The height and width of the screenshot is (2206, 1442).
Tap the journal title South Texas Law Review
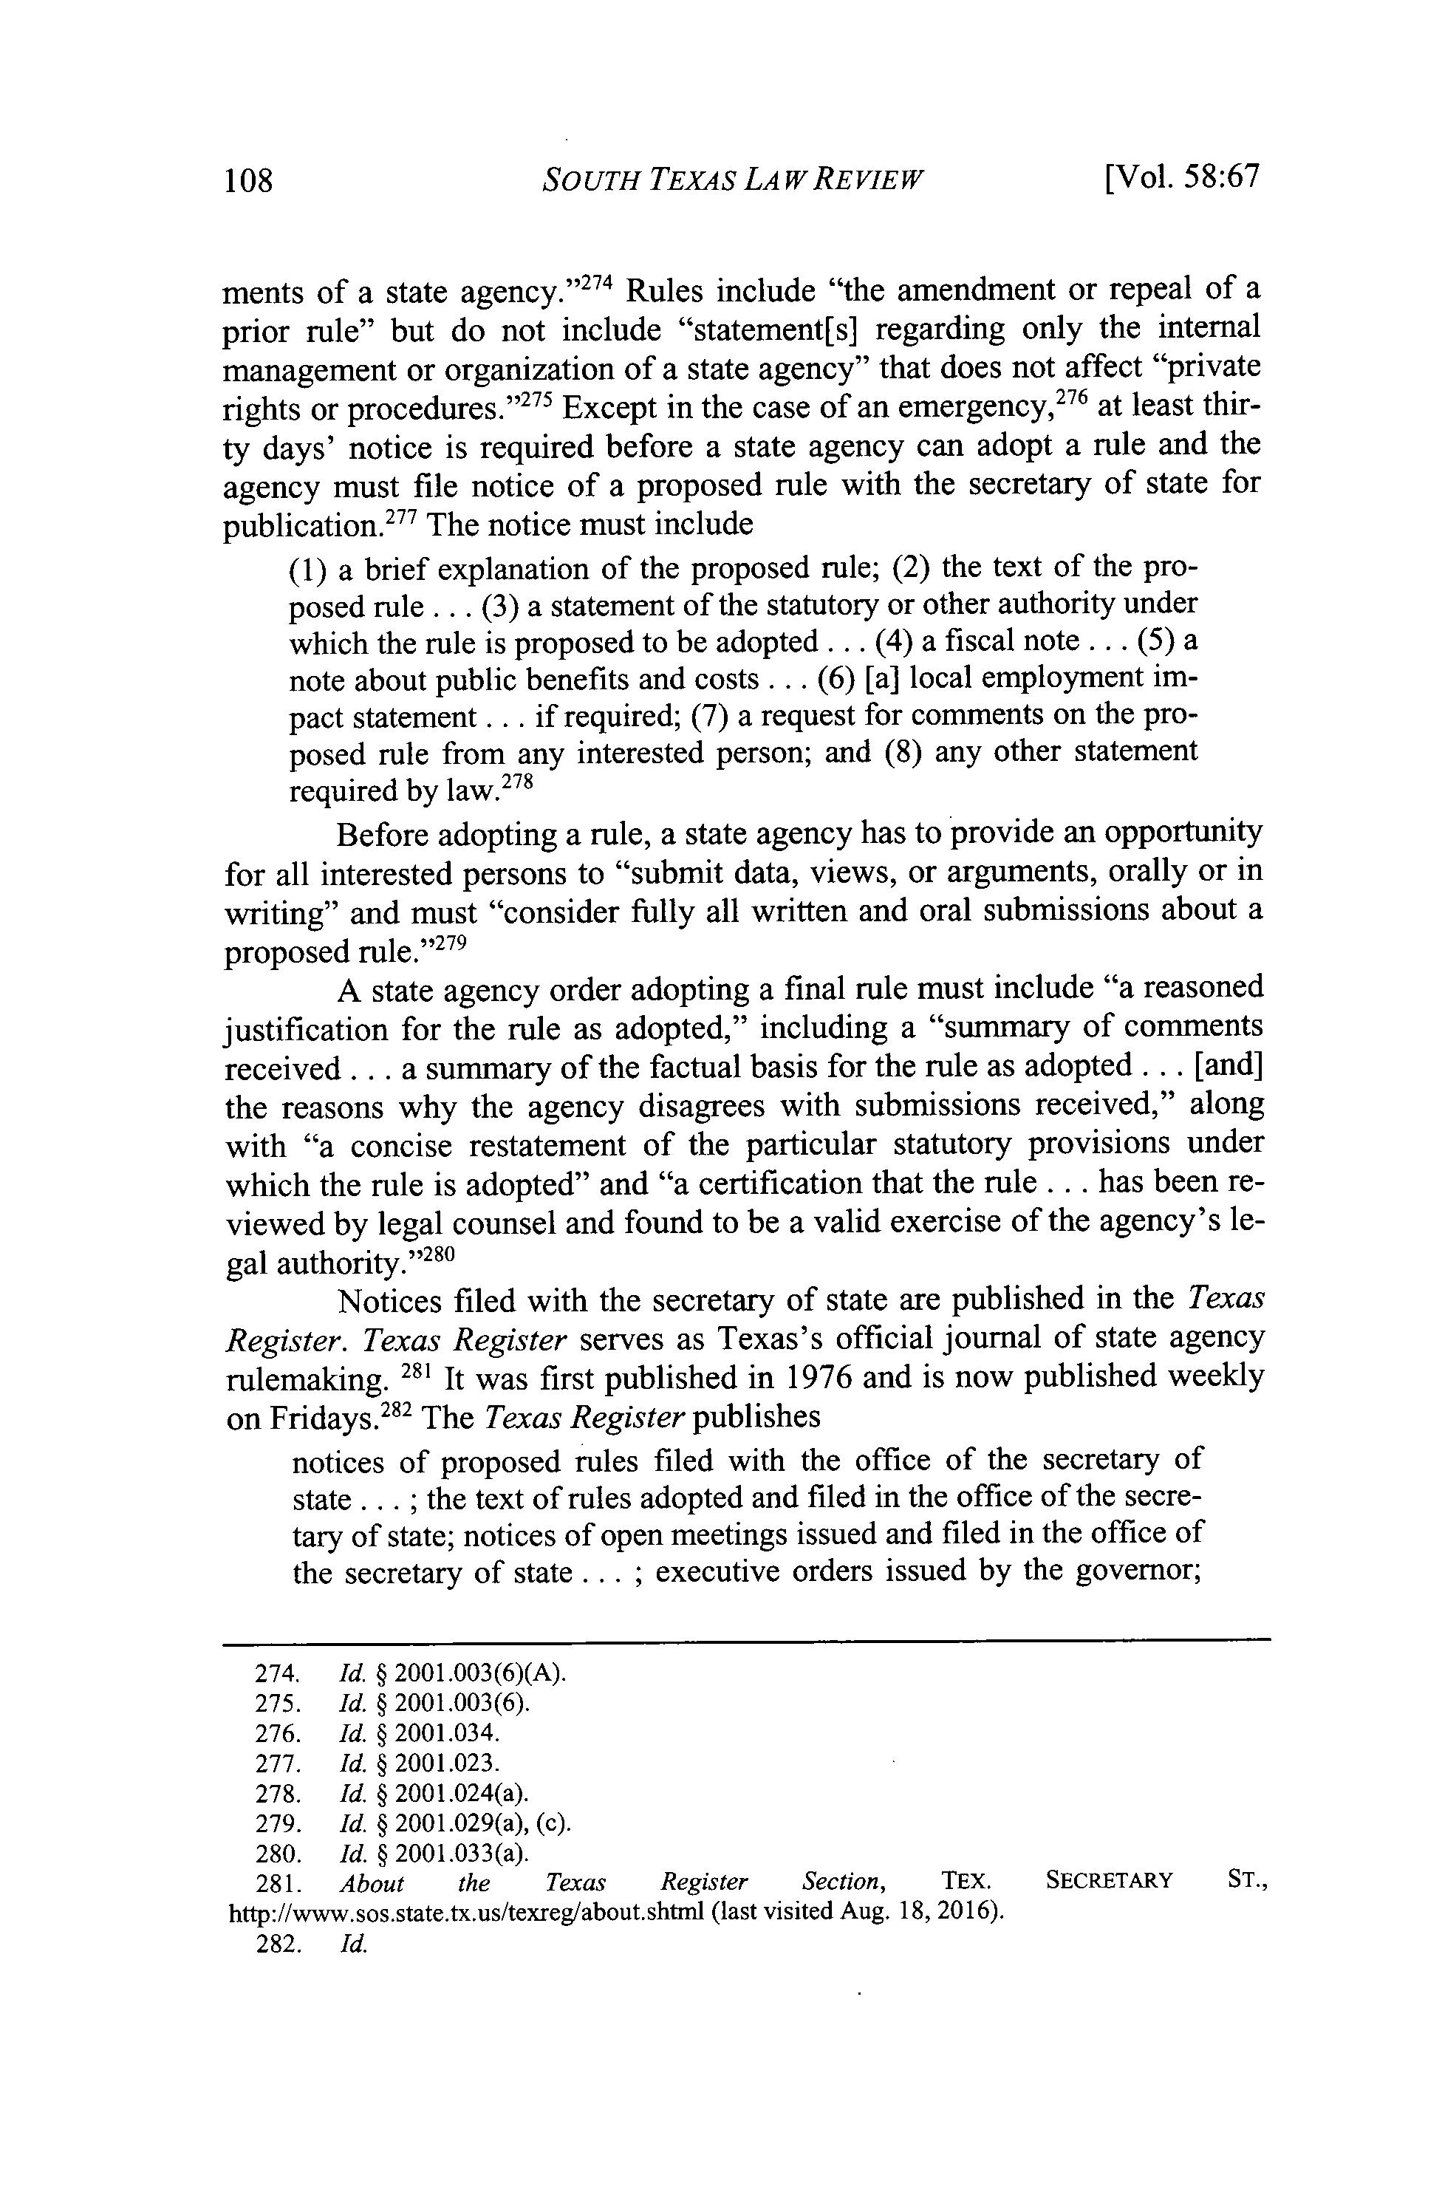(731, 178)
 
